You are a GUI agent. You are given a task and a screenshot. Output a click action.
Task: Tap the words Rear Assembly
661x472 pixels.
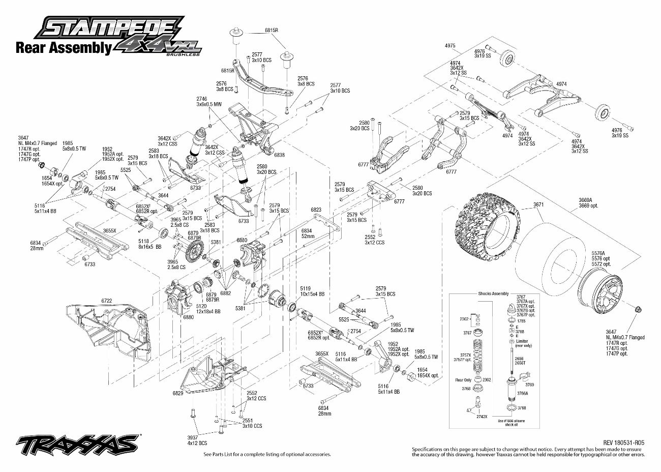point(64,48)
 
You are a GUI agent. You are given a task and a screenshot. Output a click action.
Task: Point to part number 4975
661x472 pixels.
point(449,46)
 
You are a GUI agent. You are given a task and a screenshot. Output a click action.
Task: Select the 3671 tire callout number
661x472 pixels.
point(538,205)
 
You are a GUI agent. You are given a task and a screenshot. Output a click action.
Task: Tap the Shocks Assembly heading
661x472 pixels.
point(493,293)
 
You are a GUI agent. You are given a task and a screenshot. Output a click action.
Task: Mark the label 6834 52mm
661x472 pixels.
point(322,233)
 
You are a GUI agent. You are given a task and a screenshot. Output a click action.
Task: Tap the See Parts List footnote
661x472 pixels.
point(267,454)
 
